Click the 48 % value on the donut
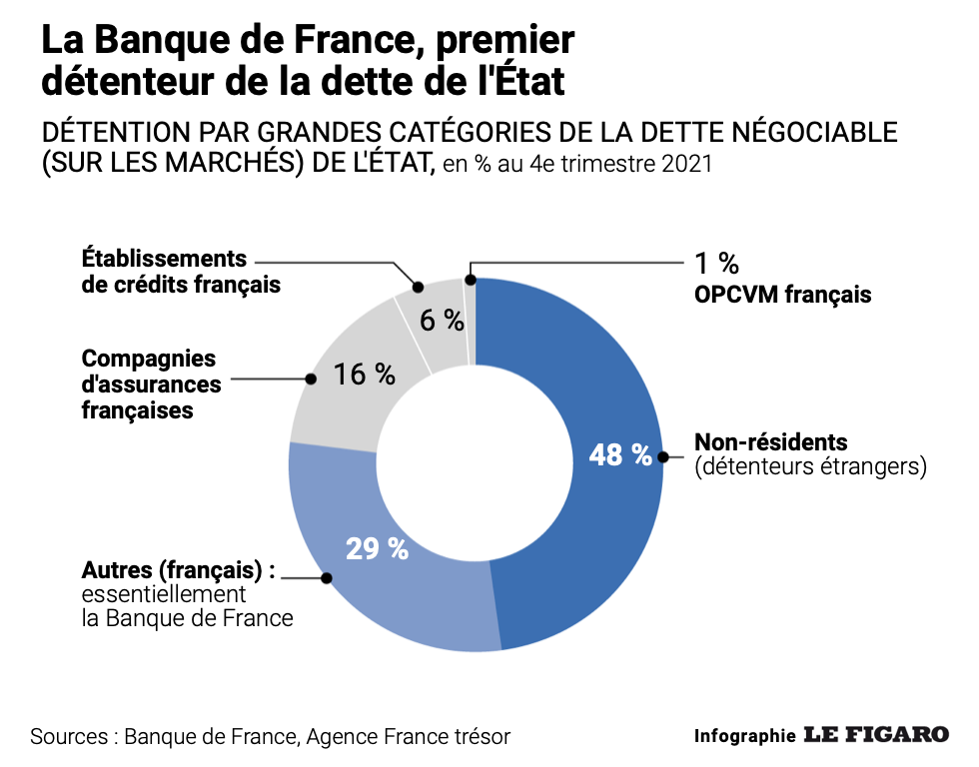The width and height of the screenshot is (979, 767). click(620, 455)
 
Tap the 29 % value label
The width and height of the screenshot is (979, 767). click(377, 548)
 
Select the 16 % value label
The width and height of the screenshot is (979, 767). click(365, 375)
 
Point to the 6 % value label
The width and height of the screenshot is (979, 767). click(442, 321)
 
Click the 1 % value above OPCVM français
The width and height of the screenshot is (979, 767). click(716, 264)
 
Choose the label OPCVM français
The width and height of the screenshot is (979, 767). click(783, 295)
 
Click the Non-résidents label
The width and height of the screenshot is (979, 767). click(770, 441)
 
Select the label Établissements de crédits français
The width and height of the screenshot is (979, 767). click(180, 271)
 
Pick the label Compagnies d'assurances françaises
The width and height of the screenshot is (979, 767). click(149, 383)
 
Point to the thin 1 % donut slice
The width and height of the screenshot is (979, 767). click(472, 320)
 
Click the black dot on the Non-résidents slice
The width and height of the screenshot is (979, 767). click(662, 456)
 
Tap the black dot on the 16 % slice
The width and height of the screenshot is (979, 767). click(311, 380)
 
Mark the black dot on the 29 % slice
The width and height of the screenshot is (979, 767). click(326, 577)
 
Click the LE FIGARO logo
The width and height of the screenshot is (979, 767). click(876, 735)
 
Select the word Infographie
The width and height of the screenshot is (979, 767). click(744, 736)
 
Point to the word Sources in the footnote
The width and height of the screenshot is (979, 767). click(69, 737)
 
